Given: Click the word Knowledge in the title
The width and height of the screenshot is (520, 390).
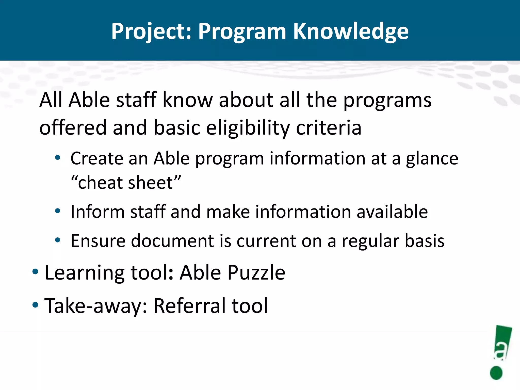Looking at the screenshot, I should (351, 31).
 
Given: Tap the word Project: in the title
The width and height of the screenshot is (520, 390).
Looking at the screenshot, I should (151, 31).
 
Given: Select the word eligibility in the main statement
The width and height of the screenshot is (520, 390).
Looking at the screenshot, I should (248, 128).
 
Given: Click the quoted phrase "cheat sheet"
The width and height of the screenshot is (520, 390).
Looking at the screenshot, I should (126, 183).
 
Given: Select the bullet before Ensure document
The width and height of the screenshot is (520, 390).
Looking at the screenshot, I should (58, 240).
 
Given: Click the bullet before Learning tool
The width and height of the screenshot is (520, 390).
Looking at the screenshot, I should (35, 272).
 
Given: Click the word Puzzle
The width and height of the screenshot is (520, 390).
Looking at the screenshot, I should (256, 273).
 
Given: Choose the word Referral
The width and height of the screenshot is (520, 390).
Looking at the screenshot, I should (189, 306).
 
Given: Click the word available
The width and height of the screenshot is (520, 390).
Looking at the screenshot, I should (392, 212).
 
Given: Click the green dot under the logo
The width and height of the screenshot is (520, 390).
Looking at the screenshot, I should (496, 373).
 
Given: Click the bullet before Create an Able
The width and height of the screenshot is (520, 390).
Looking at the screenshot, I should (58, 158).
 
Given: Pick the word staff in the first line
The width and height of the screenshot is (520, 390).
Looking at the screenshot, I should (136, 100).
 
